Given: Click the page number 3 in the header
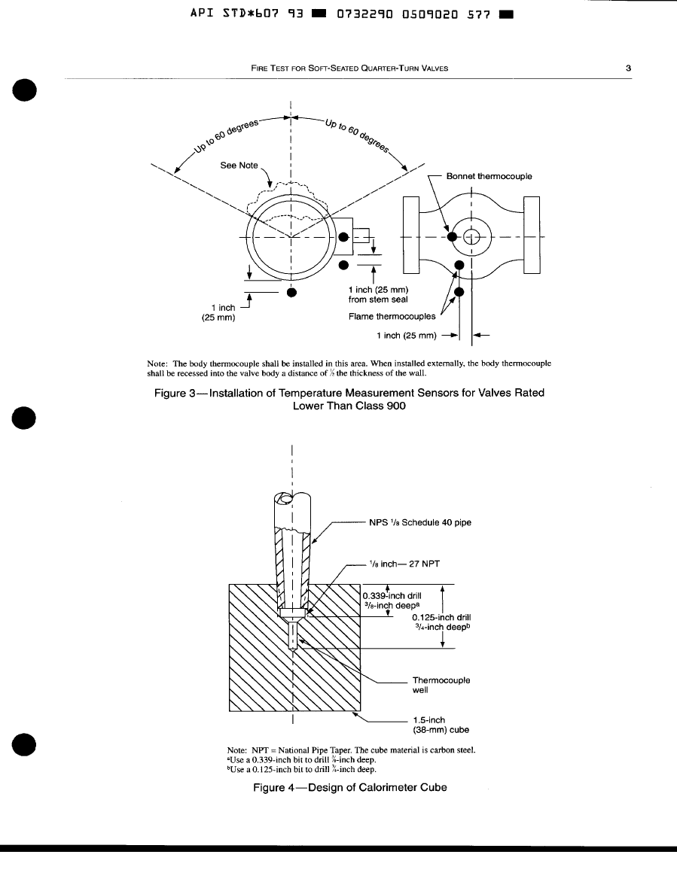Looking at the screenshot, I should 628,68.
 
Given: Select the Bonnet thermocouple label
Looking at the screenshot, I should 489,176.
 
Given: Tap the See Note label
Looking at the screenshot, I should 239,166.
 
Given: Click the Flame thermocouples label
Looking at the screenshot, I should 392,317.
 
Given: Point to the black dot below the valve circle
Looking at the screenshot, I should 292,292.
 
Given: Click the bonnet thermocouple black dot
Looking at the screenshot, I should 453,236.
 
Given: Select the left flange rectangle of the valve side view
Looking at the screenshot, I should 411,236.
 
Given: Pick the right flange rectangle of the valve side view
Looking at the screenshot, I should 532,236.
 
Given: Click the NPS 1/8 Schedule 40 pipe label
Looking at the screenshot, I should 420,521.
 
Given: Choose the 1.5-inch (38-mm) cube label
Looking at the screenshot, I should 441,725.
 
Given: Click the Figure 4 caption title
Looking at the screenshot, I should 349,787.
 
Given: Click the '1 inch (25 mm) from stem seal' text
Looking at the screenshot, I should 379,295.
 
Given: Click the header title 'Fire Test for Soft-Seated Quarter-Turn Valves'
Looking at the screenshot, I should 349,68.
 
